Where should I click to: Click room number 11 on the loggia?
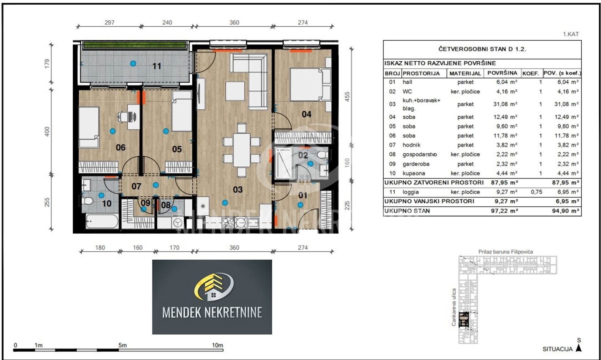coord(157,66)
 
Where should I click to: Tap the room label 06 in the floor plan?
coord(121,147)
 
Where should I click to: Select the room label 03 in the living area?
coord(238,190)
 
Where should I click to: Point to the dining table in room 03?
coord(242,150)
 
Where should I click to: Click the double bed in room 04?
coord(310,84)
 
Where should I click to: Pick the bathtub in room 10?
coord(102,221)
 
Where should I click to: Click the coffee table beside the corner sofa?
coord(235,91)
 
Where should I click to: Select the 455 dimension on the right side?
coord(347,96)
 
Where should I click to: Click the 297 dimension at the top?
coord(109,23)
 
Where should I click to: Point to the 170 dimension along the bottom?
coord(174,248)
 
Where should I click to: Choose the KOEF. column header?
coord(531,74)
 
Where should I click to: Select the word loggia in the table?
coord(411,192)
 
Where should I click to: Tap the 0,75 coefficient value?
coord(536,192)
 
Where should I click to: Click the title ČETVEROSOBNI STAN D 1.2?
coord(482,49)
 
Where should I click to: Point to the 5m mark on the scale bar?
coord(122,345)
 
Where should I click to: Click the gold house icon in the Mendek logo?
coord(213,287)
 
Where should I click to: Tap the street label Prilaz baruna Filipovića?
coord(506,252)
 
